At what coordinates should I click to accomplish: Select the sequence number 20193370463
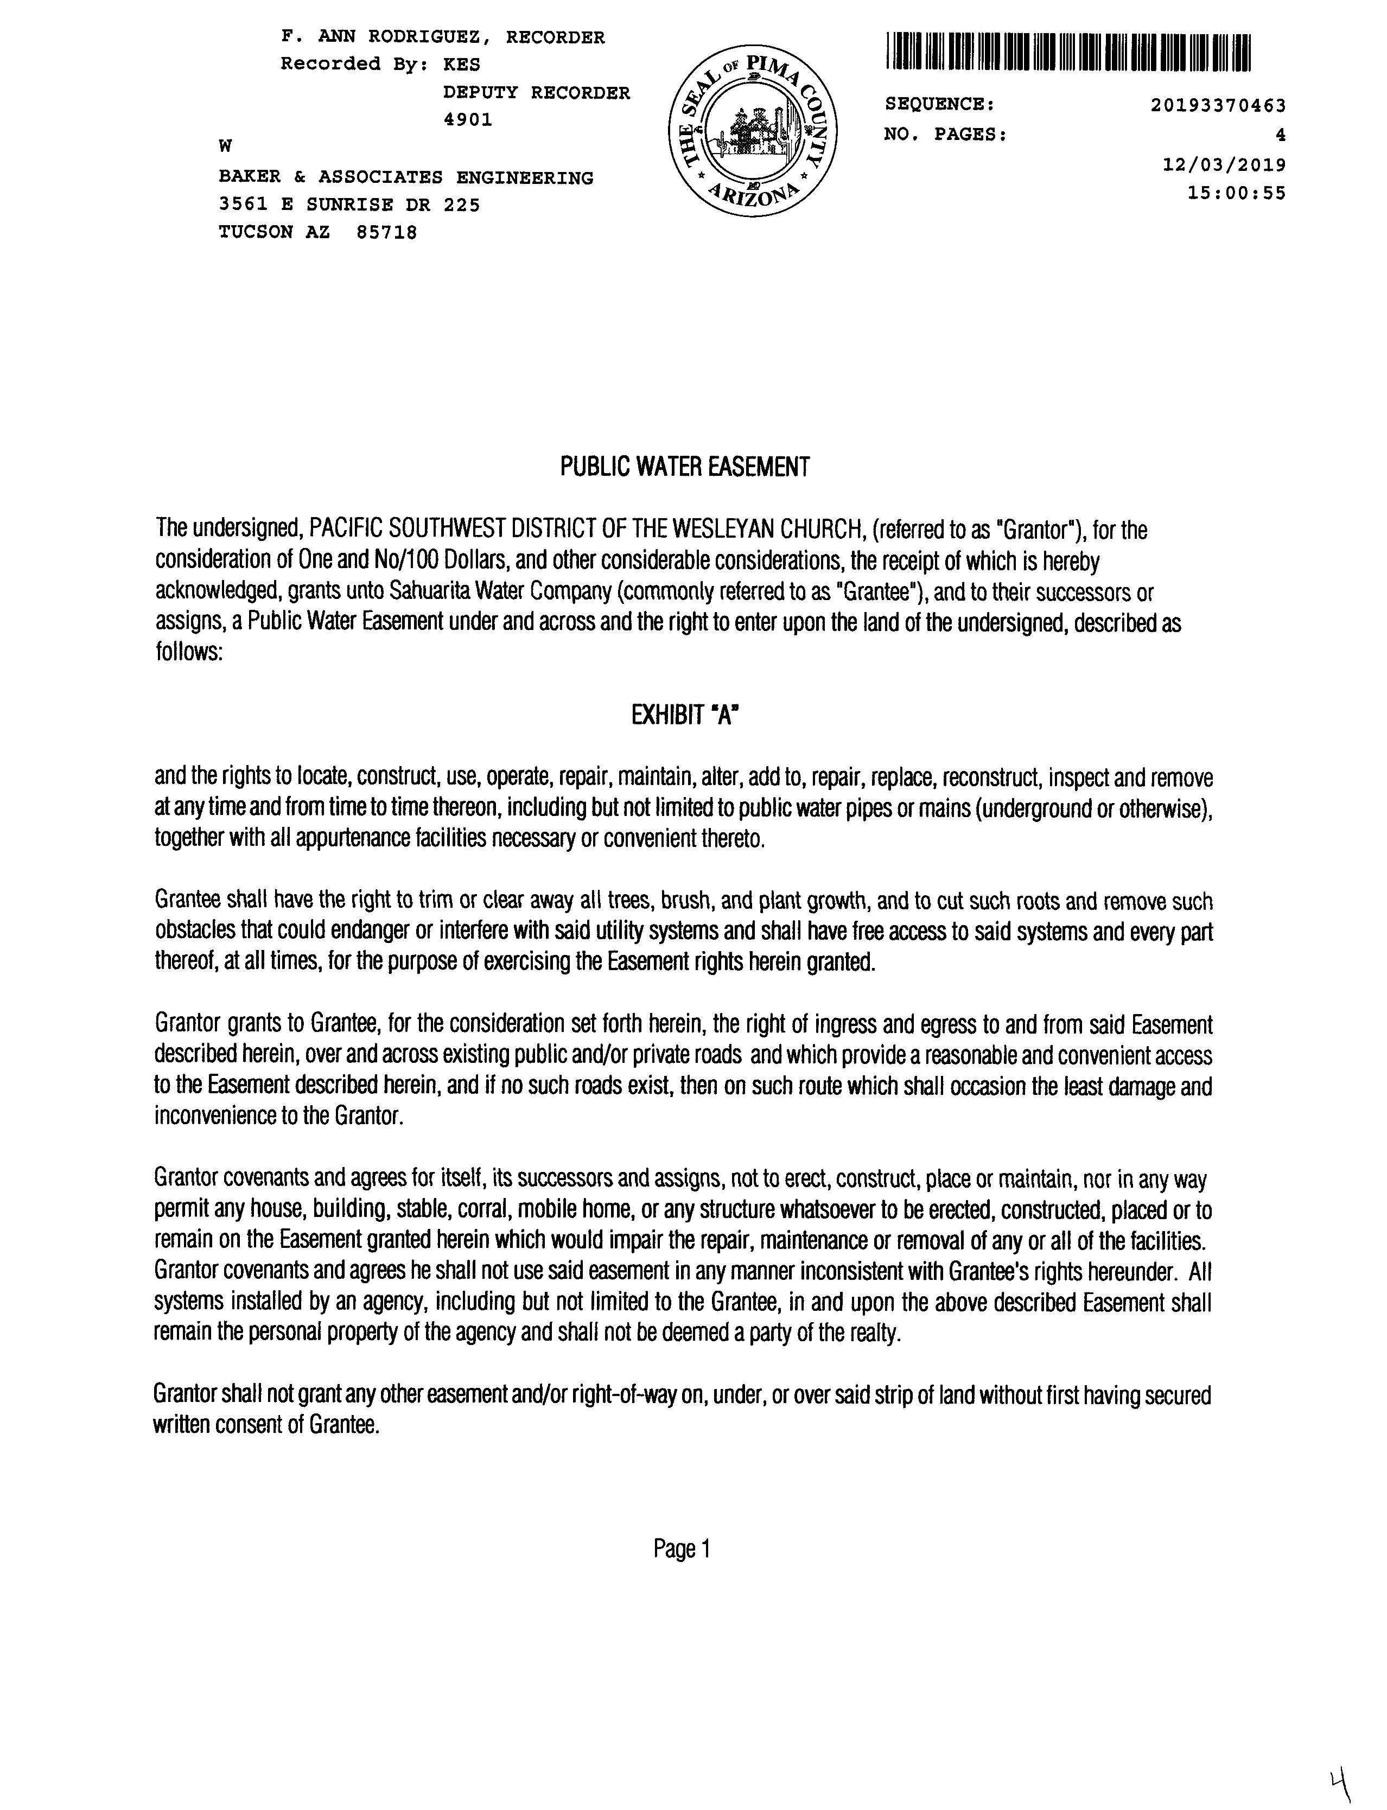pos(1218,106)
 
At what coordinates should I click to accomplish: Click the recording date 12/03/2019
pos(1224,164)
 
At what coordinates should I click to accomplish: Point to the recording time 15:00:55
pos(1236,193)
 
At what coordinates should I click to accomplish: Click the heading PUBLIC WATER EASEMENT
pos(684,467)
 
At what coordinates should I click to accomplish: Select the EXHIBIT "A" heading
pos(684,715)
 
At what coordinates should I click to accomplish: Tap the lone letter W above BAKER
pos(225,146)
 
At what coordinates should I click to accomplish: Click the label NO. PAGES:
pos(945,135)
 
